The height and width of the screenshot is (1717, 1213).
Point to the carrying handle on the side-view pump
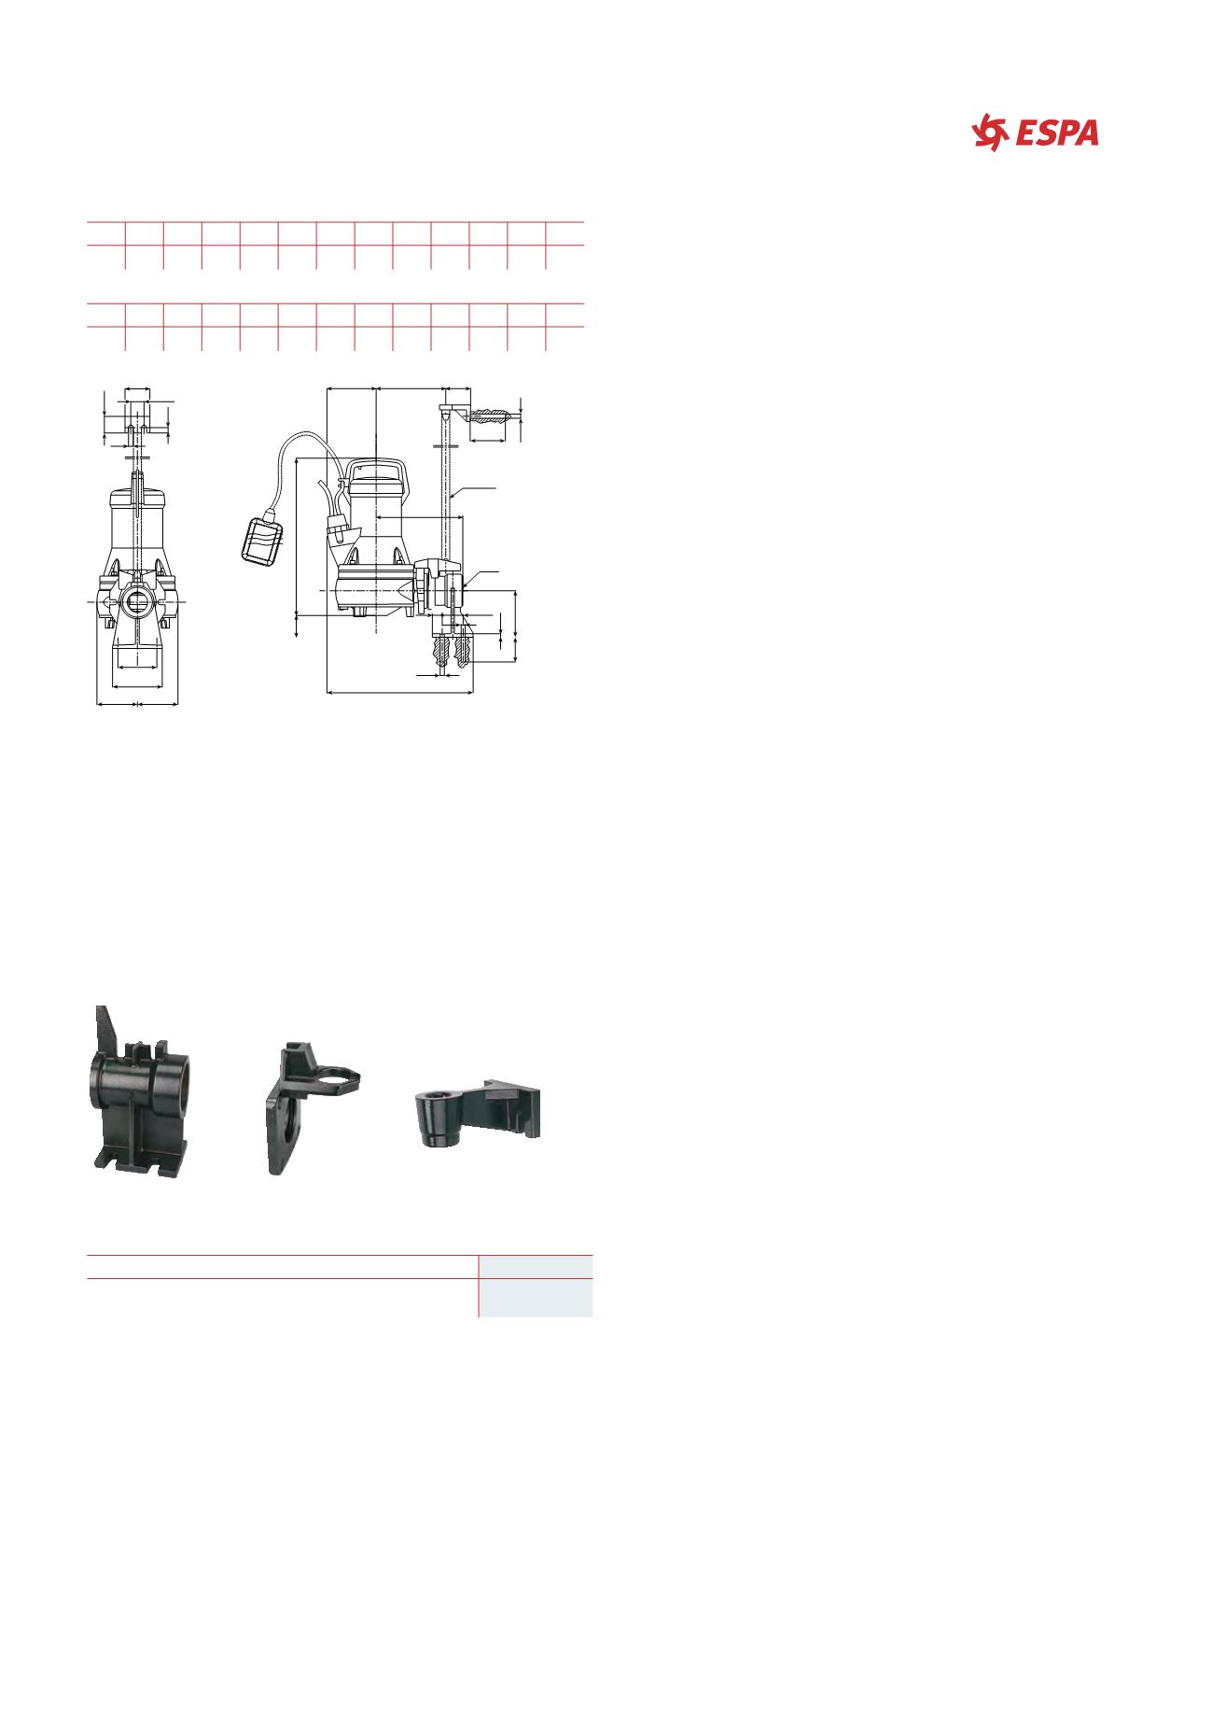pos(375,465)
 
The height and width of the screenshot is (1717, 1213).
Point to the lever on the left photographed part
pos(106,1029)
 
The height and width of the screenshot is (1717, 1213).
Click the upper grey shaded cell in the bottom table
pos(536,1267)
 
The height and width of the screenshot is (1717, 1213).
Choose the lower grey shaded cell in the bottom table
pos(536,1298)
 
